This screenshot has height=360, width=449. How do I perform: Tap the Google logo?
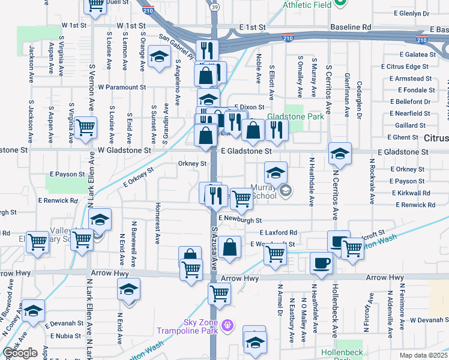20,353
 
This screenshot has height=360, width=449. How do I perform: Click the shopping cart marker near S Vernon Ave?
85,127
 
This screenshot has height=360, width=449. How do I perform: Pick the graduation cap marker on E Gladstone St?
340,154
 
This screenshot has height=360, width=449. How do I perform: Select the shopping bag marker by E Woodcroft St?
229,246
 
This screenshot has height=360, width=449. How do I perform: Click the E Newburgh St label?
240,220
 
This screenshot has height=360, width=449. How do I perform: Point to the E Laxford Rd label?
279,232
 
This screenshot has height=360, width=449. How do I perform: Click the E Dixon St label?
249,107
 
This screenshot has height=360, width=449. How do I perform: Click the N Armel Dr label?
280,303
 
